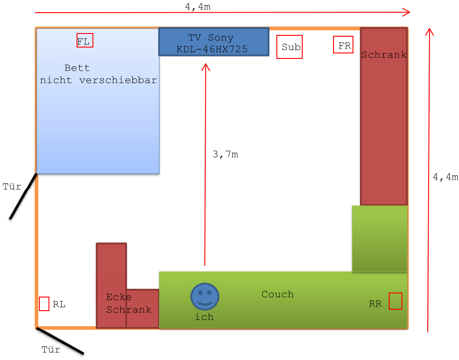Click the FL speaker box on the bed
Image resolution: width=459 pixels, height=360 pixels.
85,40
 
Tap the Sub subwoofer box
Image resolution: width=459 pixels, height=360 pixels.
290,47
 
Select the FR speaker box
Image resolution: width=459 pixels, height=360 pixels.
343,45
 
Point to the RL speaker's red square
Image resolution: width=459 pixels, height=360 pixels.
44,303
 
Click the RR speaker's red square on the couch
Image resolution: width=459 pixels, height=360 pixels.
395,301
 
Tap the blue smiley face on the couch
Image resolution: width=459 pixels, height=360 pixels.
205,297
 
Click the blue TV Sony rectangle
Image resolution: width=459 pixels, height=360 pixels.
213,42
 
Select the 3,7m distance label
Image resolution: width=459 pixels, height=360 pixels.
225,154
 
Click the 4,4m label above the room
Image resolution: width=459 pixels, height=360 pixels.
198,6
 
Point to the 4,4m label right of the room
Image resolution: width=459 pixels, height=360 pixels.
445,177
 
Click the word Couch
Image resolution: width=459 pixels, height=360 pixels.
277,294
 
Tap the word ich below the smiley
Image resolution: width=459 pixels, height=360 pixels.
204,317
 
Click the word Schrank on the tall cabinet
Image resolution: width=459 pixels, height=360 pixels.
384,55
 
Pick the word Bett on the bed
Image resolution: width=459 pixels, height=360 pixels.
77,68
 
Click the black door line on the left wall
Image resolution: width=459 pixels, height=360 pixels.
23,197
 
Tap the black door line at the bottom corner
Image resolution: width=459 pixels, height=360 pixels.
60,341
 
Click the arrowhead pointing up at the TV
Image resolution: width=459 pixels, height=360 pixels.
206,67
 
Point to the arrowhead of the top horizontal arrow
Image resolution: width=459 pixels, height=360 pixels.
406,12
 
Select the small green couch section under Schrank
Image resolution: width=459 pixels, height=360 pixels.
379,238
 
